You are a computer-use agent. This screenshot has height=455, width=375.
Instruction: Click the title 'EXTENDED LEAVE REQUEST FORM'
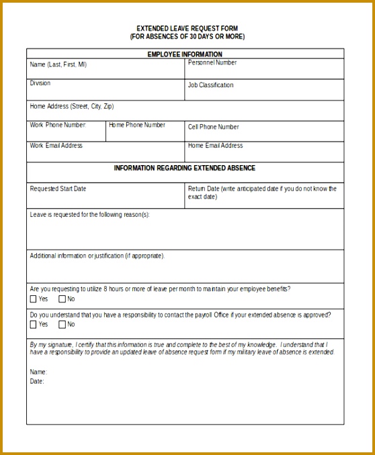click(x=187, y=28)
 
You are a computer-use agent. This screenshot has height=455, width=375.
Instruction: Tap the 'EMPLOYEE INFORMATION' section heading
click(x=185, y=54)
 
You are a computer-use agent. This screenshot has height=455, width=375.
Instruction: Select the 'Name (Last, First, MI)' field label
click(x=58, y=65)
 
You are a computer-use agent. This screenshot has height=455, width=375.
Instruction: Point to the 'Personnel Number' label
click(x=212, y=63)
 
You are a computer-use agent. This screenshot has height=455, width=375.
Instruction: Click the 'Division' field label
click(x=40, y=83)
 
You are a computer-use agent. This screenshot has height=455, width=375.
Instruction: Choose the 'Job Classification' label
click(x=211, y=85)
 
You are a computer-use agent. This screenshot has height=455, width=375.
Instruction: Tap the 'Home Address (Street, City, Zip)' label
click(x=72, y=106)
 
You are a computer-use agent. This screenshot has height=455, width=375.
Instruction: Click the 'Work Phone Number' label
click(x=58, y=125)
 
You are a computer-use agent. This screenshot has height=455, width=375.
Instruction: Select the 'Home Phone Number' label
click(x=137, y=125)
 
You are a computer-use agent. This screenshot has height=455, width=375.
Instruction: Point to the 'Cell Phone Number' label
click(x=213, y=127)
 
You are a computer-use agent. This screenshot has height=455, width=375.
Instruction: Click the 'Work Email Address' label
click(x=56, y=146)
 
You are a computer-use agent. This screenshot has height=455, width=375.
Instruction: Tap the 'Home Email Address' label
click(x=215, y=146)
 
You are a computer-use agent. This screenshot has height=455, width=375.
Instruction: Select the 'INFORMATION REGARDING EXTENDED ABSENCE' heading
click(x=185, y=168)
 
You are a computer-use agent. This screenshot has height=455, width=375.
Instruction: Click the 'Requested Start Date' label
click(x=58, y=189)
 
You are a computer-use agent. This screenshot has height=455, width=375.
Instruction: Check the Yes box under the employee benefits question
click(x=34, y=299)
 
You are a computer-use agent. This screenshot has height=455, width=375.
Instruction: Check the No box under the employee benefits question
click(x=62, y=299)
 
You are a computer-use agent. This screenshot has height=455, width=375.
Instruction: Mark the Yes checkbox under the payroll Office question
click(x=34, y=325)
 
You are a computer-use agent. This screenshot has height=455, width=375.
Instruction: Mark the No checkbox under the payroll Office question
click(x=62, y=325)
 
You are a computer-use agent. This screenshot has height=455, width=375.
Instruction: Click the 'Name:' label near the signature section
click(x=38, y=372)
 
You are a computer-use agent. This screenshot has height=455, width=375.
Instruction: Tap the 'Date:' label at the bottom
click(x=37, y=381)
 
